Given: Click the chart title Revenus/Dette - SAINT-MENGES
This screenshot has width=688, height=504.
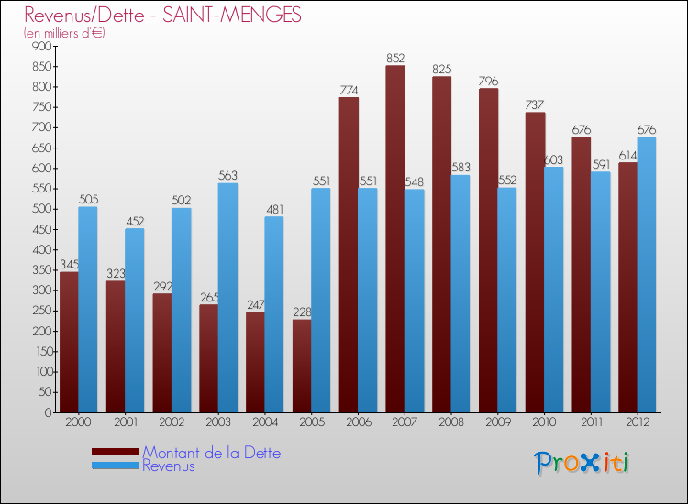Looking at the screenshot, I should point(163,16).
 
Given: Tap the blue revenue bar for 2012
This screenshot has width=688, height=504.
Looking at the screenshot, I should point(647,275).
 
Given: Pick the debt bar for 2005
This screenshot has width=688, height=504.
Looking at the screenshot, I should point(302,366).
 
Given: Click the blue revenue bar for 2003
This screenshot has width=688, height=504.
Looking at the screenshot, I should point(227,298).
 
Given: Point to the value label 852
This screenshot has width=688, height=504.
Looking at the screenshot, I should point(395,58).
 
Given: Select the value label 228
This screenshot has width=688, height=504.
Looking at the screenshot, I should point(302,312).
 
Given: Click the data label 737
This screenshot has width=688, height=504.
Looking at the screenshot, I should point(535,104).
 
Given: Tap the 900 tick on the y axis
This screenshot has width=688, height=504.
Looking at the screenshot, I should point(41,47).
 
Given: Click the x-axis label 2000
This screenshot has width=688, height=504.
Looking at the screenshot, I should point(79,422).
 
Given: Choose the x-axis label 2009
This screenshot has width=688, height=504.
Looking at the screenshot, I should point(498,422).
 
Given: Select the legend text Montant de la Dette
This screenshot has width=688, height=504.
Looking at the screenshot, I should point(212,453).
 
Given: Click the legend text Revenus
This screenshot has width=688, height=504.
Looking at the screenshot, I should point(169,466).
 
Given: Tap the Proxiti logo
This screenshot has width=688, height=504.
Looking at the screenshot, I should point(583,463).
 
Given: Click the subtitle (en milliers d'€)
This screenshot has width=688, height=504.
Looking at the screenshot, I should point(64,33).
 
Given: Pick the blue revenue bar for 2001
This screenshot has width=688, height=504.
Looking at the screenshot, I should point(134,321).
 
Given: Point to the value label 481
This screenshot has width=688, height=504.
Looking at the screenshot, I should point(274,209).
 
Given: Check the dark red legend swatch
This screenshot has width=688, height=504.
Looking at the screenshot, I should point(116,452).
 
